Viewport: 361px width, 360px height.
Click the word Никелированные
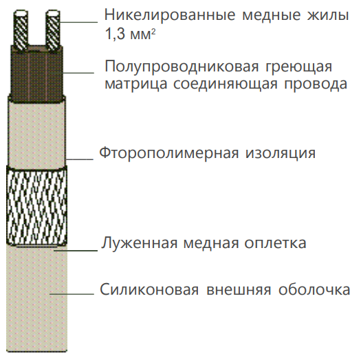(170, 15)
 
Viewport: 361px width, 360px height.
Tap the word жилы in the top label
(327, 15)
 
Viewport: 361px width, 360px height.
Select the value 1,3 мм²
(131, 34)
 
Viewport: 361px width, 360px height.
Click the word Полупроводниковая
(182, 67)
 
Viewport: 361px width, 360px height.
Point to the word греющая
(299, 67)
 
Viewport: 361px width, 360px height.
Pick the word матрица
(136, 85)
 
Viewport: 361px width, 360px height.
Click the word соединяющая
(226, 85)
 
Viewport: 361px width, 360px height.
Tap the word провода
(316, 85)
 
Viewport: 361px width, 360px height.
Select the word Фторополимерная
(169, 153)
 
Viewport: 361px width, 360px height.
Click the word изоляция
(280, 153)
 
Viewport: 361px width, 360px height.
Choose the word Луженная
(140, 243)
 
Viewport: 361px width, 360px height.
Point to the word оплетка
(275, 243)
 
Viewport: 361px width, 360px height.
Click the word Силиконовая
(149, 289)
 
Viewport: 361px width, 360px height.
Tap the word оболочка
(314, 289)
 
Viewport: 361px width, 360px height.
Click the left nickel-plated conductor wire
(21, 30)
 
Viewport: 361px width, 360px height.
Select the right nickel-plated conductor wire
(53, 30)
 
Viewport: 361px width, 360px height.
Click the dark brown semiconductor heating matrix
(36, 73)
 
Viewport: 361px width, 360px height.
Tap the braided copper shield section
(37, 206)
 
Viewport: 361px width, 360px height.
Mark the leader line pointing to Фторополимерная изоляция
(80, 159)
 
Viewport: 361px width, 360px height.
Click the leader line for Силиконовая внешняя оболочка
(72, 294)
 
